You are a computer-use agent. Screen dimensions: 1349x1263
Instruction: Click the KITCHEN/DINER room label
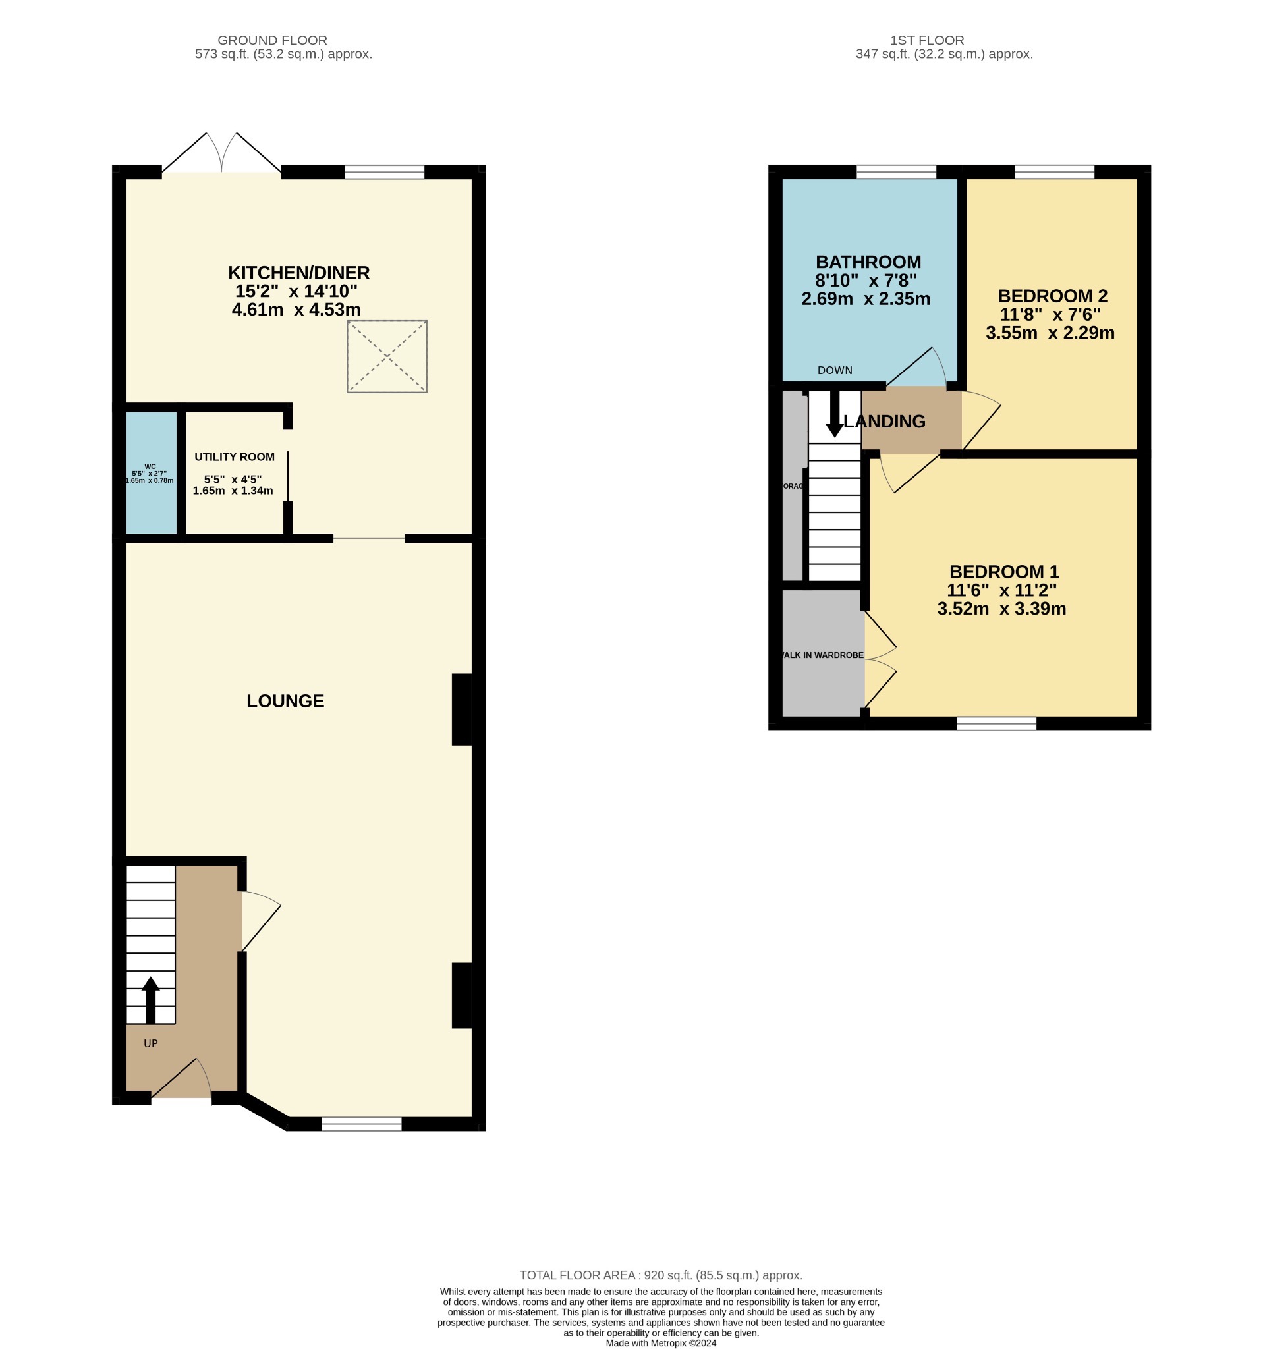298,273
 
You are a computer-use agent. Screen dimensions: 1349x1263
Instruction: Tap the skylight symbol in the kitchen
387,356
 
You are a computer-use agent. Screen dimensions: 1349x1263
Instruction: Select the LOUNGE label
285,701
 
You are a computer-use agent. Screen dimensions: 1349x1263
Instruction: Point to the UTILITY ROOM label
234,457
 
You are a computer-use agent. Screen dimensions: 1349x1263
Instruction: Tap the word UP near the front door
151,1043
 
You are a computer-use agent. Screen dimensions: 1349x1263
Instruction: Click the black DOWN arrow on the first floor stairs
834,414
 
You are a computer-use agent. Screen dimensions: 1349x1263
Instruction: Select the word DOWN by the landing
835,370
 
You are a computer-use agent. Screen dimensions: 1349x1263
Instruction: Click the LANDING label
884,422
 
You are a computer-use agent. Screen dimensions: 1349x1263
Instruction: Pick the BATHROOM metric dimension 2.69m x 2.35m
865,299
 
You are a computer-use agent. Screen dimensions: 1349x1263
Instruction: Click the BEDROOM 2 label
1052,296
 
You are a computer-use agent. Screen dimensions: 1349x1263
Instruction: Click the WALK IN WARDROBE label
822,655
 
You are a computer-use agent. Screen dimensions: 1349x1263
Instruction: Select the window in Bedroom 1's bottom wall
996,723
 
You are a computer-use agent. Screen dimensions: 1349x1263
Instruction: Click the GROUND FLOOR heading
272,40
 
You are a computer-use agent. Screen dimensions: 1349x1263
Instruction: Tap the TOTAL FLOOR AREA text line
660,1275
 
